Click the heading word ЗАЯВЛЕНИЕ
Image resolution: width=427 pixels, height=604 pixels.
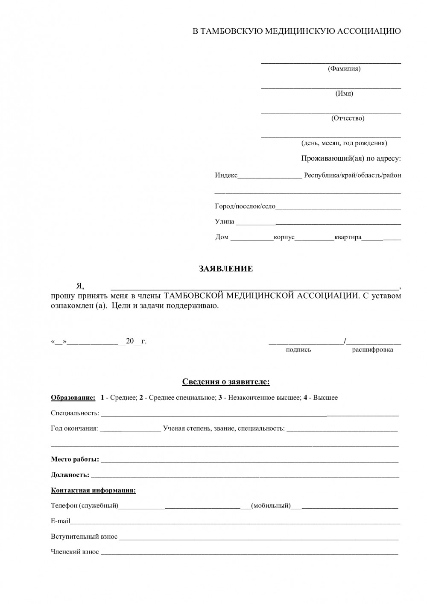click(226, 269)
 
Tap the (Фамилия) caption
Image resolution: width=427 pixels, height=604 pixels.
click(344, 69)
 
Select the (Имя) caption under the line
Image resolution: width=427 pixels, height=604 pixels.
click(344, 94)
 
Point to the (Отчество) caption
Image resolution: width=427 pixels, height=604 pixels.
click(348, 118)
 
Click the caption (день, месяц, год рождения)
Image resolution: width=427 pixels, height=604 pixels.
click(344, 143)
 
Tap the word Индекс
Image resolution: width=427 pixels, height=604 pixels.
click(226, 175)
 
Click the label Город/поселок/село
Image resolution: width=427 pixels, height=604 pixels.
click(245, 206)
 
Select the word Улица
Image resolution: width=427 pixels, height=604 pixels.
click(225, 221)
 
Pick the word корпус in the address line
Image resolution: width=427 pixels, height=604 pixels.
click(284, 237)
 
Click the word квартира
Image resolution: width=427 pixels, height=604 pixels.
click(348, 237)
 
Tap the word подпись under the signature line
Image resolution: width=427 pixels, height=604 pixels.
click(298, 350)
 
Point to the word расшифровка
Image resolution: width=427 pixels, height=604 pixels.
click(372, 350)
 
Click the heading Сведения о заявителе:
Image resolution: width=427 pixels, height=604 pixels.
click(226, 381)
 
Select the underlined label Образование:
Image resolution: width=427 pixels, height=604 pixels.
click(73, 398)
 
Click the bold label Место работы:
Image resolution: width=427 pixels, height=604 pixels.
click(75, 460)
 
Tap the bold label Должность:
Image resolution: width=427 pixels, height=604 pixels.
click(70, 475)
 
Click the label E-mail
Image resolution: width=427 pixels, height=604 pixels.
click(60, 521)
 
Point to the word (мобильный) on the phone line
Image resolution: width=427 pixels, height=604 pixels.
click(271, 506)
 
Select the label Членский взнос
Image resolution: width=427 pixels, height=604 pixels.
click(75, 552)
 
